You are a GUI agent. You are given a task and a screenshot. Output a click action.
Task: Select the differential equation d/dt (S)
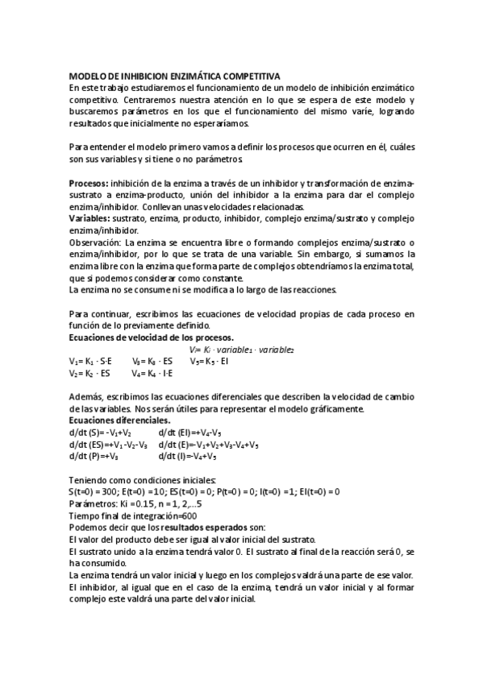100,433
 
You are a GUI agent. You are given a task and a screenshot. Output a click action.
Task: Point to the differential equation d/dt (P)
94,456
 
